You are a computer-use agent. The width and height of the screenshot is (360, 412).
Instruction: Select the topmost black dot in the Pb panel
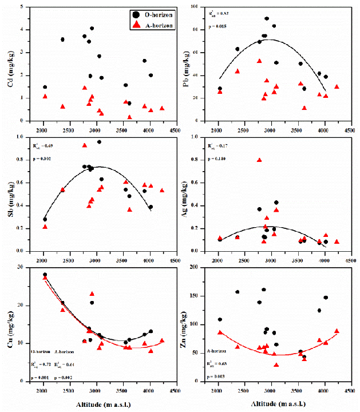pos(267,18)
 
